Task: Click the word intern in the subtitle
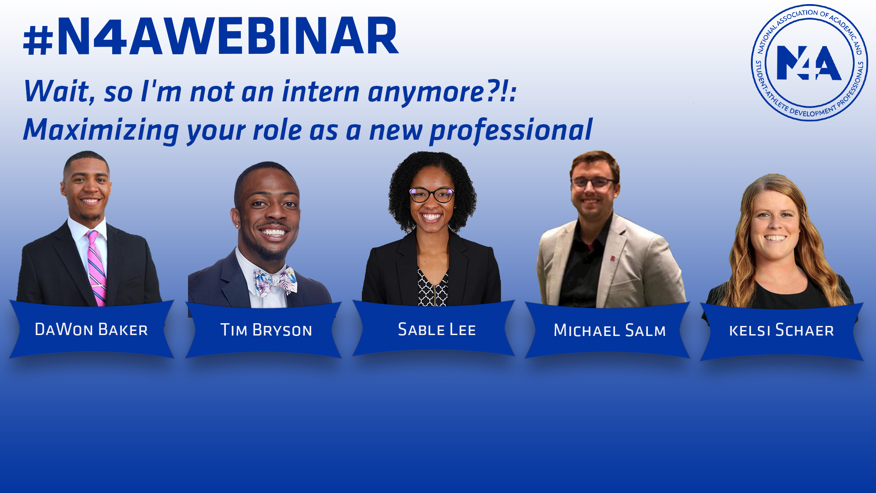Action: (320, 92)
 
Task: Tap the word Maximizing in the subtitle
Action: (101, 130)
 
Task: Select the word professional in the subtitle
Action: (511, 130)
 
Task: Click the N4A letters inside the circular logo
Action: (809, 63)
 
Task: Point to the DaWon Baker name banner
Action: (91, 330)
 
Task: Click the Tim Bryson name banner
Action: (266, 330)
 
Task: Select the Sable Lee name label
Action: (437, 330)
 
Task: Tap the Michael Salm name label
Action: (609, 330)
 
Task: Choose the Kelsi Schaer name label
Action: (781, 330)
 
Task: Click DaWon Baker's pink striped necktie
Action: (96, 269)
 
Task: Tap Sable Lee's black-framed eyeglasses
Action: (432, 195)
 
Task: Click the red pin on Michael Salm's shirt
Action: (613, 259)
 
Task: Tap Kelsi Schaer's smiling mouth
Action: (775, 238)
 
